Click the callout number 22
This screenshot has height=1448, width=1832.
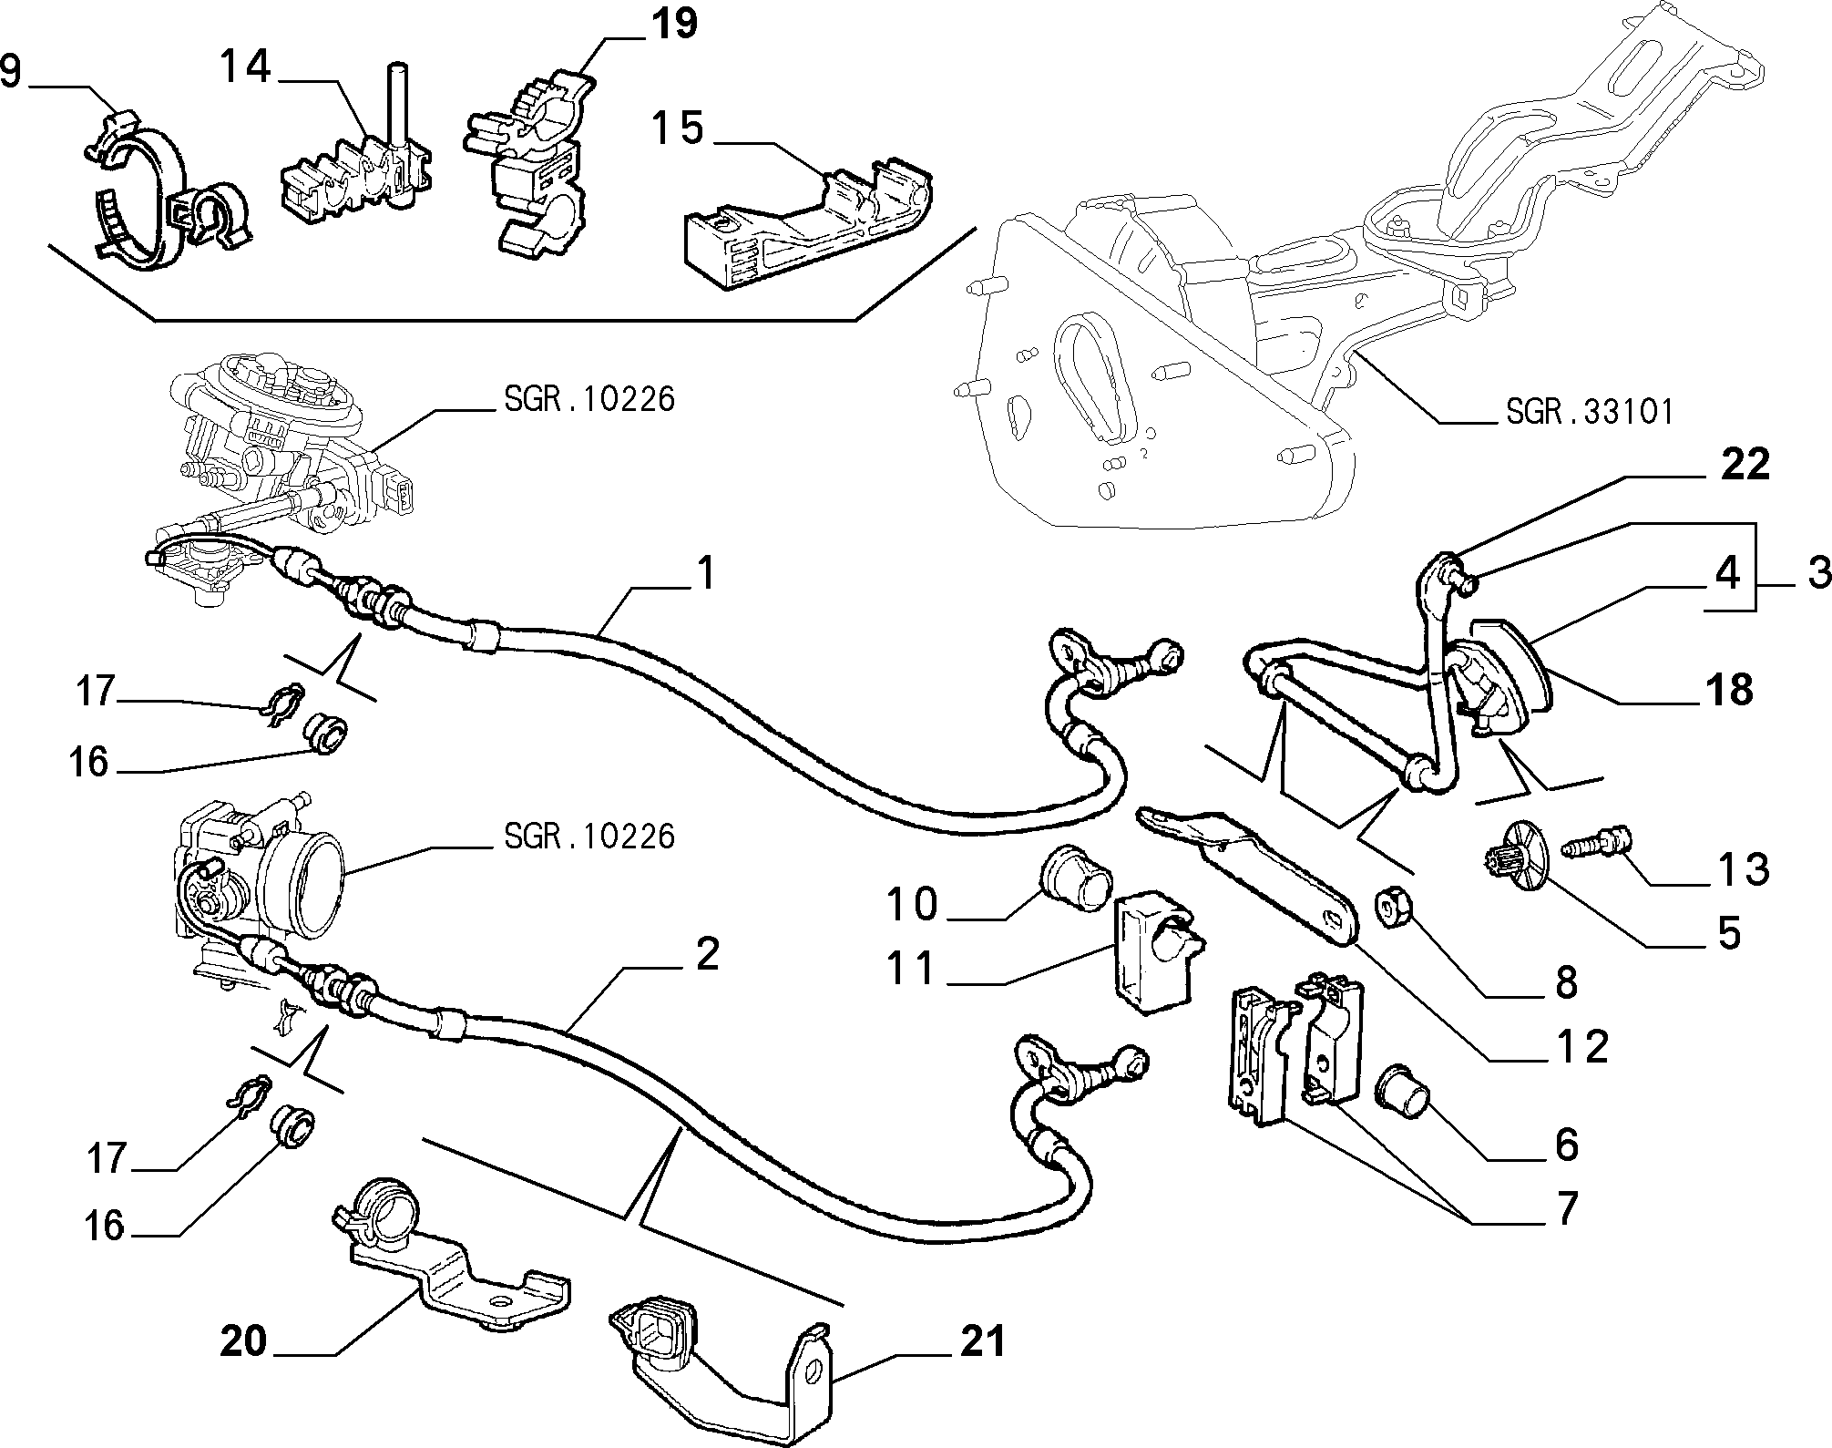(1745, 465)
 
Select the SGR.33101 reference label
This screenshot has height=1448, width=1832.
(1590, 413)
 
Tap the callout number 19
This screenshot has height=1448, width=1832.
(674, 25)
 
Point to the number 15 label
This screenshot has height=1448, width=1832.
(678, 128)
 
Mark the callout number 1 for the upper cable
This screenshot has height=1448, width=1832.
(704, 574)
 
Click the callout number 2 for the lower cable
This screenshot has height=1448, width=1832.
(707, 953)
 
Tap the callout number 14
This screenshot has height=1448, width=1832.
(246, 66)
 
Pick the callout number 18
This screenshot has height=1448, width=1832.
(1730, 690)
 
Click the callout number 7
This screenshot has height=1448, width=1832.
(1565, 1208)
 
